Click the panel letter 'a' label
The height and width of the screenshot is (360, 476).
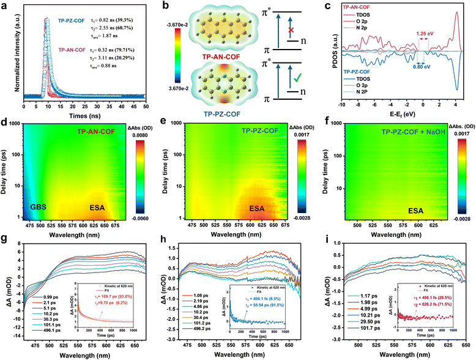tap(6, 5)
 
